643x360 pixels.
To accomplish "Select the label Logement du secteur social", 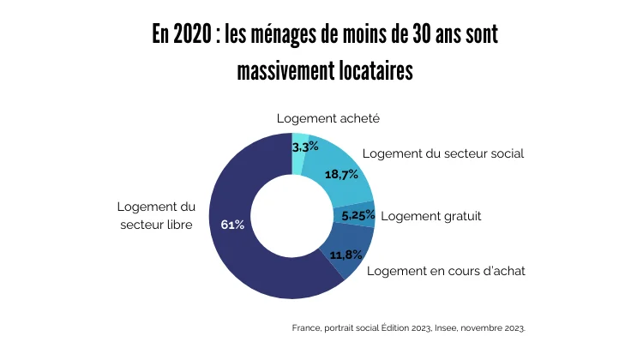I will point(443,153).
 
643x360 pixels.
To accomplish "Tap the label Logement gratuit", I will point(431,216).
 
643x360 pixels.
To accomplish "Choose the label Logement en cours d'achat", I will point(446,271).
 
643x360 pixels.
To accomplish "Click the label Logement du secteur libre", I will point(156,216).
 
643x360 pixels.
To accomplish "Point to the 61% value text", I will point(232,225).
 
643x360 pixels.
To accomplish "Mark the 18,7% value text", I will point(340,175).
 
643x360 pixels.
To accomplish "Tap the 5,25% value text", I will point(358,215).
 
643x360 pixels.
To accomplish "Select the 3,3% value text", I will point(306,147).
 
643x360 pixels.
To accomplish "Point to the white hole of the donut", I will point(291,216).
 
